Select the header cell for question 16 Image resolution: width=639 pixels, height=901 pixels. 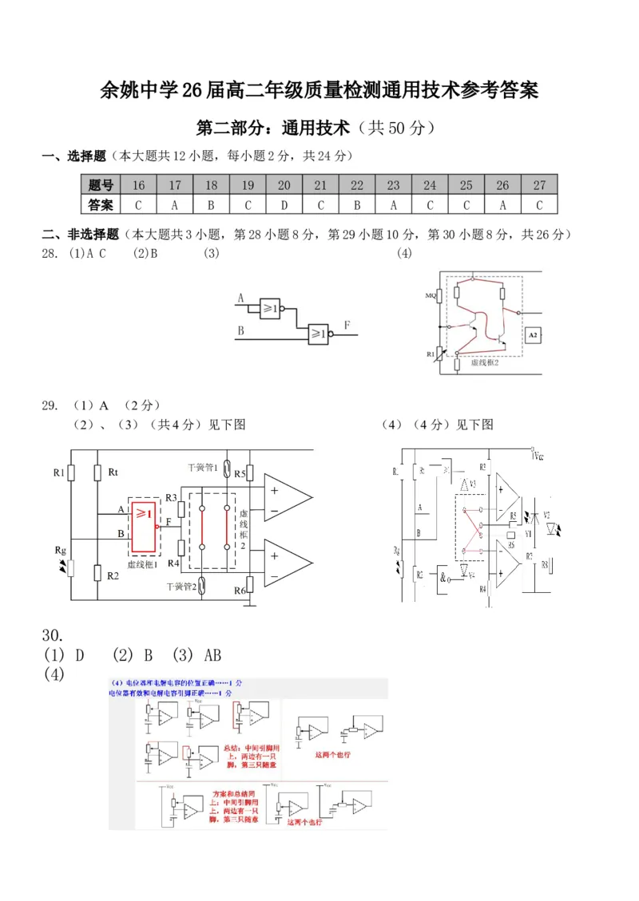[x=138, y=185]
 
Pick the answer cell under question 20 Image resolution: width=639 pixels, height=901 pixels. [x=284, y=205]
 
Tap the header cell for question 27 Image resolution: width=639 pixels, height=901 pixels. [x=539, y=185]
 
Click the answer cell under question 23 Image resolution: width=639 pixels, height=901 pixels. [x=393, y=205]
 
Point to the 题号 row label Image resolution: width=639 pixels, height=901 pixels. [x=101, y=185]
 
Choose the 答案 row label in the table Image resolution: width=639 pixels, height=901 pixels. [x=101, y=205]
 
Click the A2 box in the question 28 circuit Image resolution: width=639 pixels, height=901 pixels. [x=534, y=336]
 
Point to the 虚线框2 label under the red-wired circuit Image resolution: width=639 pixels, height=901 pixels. [x=485, y=362]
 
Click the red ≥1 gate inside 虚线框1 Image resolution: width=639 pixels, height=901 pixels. [x=145, y=527]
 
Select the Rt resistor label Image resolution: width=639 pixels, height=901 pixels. [x=113, y=472]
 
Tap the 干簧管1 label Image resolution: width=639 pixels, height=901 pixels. [x=202, y=467]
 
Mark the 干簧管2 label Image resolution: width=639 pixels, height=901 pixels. [x=181, y=587]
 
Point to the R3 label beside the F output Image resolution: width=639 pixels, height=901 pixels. [x=170, y=498]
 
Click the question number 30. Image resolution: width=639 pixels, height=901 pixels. [x=52, y=635]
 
